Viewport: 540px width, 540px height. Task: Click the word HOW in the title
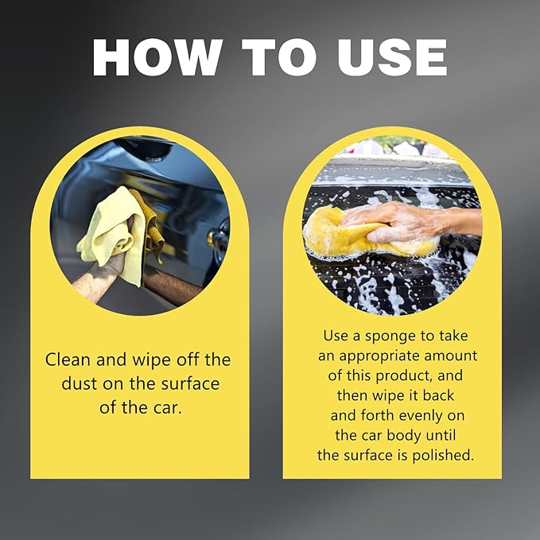tap(157, 57)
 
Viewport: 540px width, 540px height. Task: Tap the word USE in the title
tap(392, 57)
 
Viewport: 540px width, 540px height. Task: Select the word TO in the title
tap(279, 57)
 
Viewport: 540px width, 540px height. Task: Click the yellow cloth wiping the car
tap(117, 234)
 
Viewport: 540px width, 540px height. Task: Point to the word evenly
tap(422, 415)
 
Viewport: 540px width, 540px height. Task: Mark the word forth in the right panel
tap(377, 415)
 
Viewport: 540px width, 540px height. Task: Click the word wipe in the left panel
tap(152, 360)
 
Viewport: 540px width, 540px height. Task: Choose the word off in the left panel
tap(188, 359)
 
